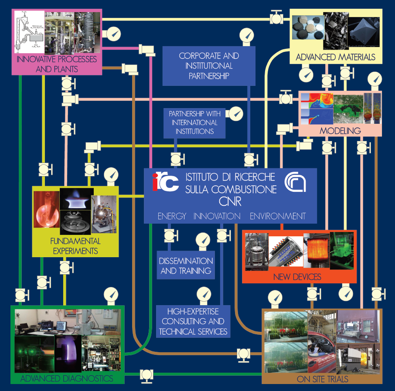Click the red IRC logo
tap(166, 182)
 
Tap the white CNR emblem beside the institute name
tap(295, 182)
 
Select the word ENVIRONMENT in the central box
tap(277, 216)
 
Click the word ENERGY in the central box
tap(172, 216)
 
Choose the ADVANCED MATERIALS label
tap(335, 57)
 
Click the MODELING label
tap(340, 130)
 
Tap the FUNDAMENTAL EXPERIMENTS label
tap(75, 246)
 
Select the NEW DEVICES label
tap(297, 277)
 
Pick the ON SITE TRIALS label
tap(322, 379)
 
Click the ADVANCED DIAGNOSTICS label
tap(67, 377)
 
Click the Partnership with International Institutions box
tap(195, 122)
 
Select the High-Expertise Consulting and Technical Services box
tap(193, 321)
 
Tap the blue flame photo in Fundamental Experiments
tap(77, 198)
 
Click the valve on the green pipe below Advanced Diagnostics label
tap(146, 374)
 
